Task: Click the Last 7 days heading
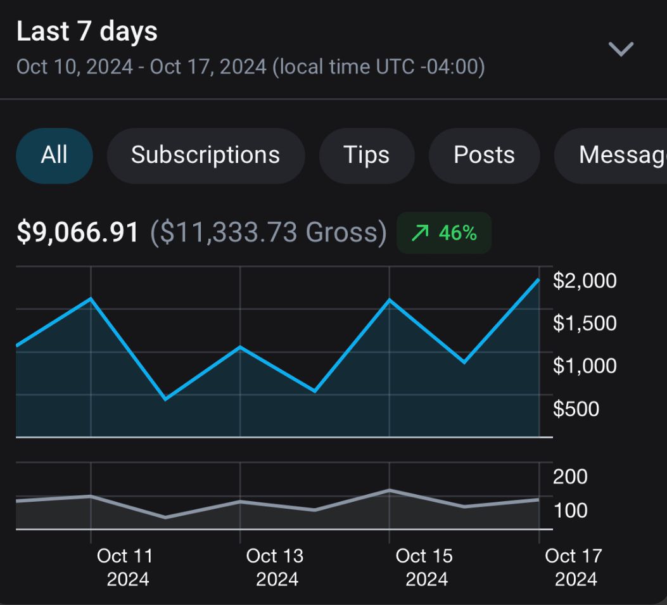[87, 32]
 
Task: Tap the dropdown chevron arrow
[620, 49]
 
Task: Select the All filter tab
[54, 155]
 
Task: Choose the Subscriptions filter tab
[205, 155]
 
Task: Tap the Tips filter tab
[366, 155]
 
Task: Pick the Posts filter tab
[484, 155]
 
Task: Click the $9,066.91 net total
[77, 232]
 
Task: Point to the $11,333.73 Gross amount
[268, 232]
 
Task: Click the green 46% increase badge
[443, 233]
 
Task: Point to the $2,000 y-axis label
[584, 281]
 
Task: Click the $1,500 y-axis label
[584, 323]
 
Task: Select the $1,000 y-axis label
[584, 366]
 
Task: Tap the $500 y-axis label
[576, 409]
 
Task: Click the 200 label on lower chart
[570, 476]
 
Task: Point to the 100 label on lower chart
[570, 510]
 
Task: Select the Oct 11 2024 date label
[125, 567]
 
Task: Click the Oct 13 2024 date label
[275, 567]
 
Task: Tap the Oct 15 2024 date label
[424, 567]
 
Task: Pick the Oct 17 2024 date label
[574, 567]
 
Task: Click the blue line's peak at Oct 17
[538, 279]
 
